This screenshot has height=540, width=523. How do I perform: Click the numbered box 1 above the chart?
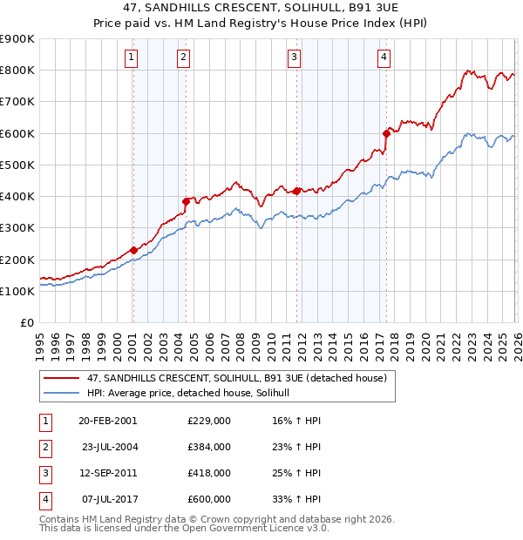131,58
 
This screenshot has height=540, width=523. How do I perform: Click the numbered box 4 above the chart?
384,58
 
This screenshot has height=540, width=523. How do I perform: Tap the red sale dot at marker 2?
186,201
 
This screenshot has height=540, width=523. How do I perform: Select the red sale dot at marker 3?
296,191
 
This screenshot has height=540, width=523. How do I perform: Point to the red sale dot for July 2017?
386,133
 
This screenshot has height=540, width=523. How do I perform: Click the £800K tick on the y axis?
17,70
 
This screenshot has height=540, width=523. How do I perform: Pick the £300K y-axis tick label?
17,228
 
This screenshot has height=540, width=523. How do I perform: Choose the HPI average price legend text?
194,394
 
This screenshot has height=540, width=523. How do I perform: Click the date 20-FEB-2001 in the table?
107,420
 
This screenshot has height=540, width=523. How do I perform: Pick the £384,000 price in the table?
208,447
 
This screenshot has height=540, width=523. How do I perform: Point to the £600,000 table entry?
208,500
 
